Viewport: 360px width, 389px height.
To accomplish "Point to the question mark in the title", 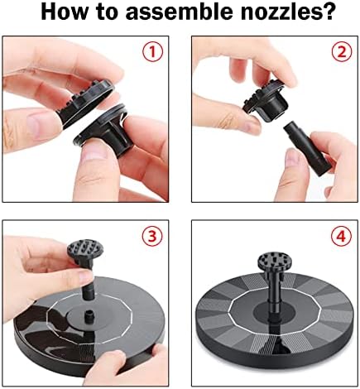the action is [328, 12].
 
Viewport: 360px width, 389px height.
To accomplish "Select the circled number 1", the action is [152, 51].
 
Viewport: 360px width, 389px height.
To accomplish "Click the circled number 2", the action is [342, 51].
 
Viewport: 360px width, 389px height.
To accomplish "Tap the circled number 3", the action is [152, 236].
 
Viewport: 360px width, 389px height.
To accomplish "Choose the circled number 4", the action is [342, 236].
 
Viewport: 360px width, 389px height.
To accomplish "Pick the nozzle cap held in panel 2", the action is [266, 101].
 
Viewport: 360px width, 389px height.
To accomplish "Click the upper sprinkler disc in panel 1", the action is [87, 103].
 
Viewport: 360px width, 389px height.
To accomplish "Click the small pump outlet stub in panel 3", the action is [89, 316].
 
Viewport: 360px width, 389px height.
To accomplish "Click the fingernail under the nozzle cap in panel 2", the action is [251, 127].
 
